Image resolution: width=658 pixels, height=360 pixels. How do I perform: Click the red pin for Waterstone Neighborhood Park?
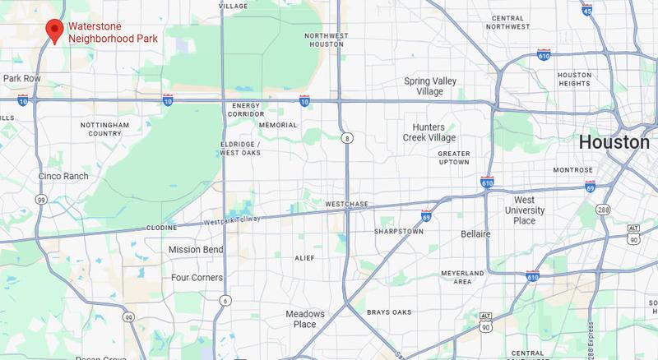pos(54,30)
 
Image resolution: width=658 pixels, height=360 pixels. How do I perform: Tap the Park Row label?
pos(21,78)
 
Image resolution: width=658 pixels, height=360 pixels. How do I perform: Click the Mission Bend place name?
pos(196,249)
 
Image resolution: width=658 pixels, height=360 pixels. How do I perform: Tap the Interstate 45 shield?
pos(609,10)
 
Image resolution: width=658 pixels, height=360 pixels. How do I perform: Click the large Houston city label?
pos(614,142)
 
